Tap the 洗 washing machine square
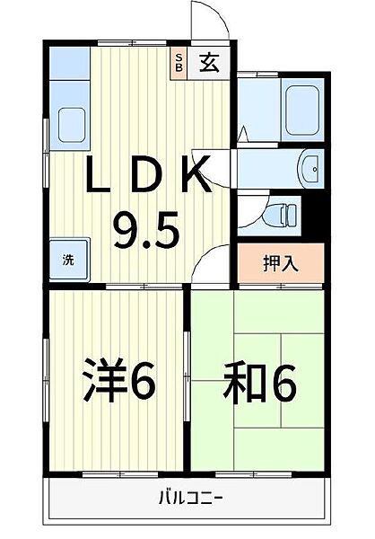(68, 260)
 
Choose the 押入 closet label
(280, 263)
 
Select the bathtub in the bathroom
(303, 108)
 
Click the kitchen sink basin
(70, 121)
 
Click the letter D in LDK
(146, 175)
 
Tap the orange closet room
(280, 263)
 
